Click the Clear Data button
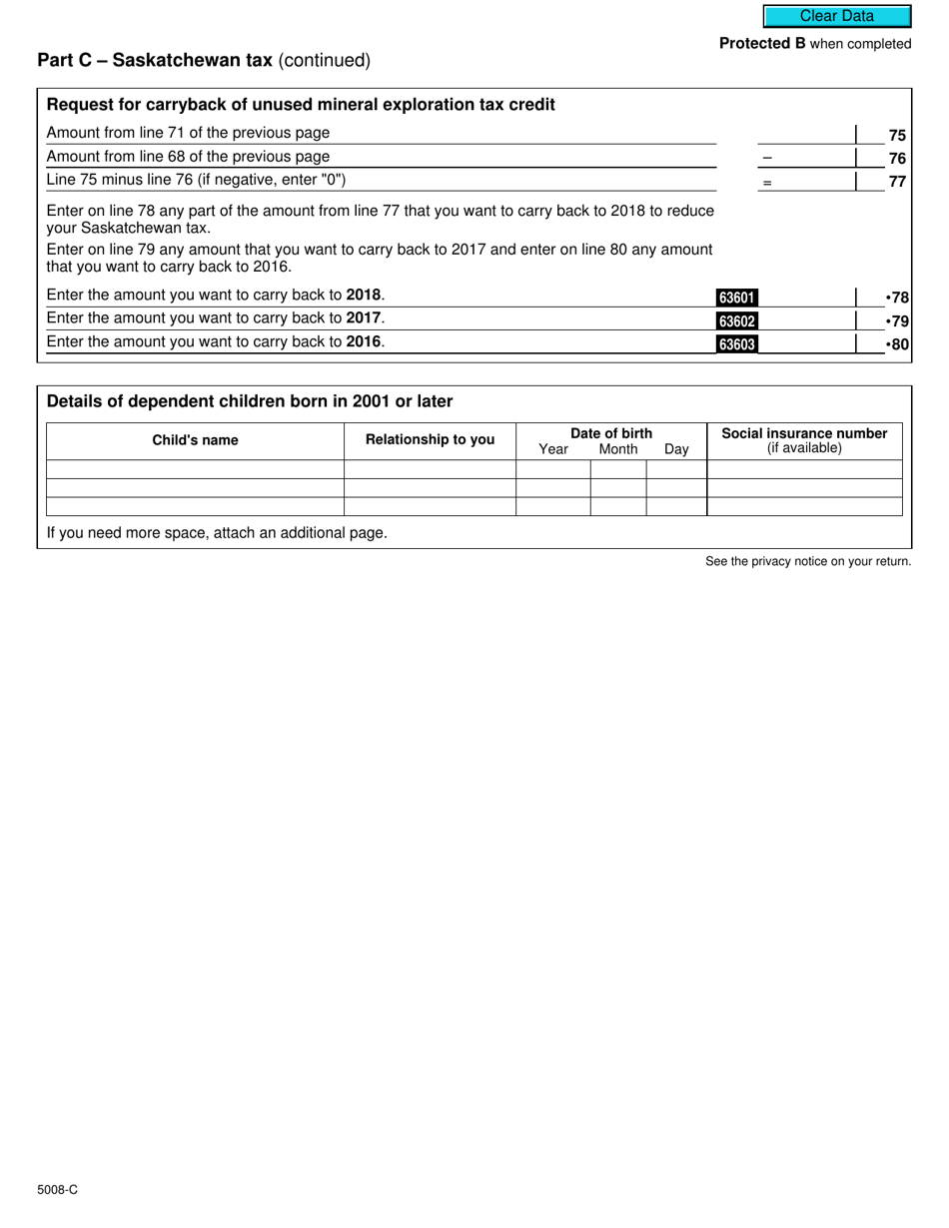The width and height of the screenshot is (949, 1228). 837,16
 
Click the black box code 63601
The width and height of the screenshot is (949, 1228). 737,297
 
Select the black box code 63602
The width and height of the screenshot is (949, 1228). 737,320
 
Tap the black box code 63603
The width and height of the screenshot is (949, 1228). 737,344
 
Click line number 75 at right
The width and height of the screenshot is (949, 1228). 897,135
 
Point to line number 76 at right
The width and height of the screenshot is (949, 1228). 897,158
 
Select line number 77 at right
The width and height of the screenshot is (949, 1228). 897,182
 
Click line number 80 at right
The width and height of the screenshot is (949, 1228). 897,344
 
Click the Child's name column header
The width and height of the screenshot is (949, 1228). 195,440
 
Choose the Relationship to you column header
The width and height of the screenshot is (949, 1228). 430,439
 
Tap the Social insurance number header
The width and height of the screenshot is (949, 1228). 804,433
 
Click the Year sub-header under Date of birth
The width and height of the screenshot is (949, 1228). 553,449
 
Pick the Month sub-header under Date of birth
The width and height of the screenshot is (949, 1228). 618,449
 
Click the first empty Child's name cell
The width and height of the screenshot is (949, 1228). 195,469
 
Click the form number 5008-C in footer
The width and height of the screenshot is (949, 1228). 58,1189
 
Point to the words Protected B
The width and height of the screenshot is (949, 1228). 762,44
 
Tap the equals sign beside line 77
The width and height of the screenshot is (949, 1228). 767,183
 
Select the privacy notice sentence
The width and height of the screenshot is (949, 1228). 808,561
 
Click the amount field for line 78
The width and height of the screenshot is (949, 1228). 807,297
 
